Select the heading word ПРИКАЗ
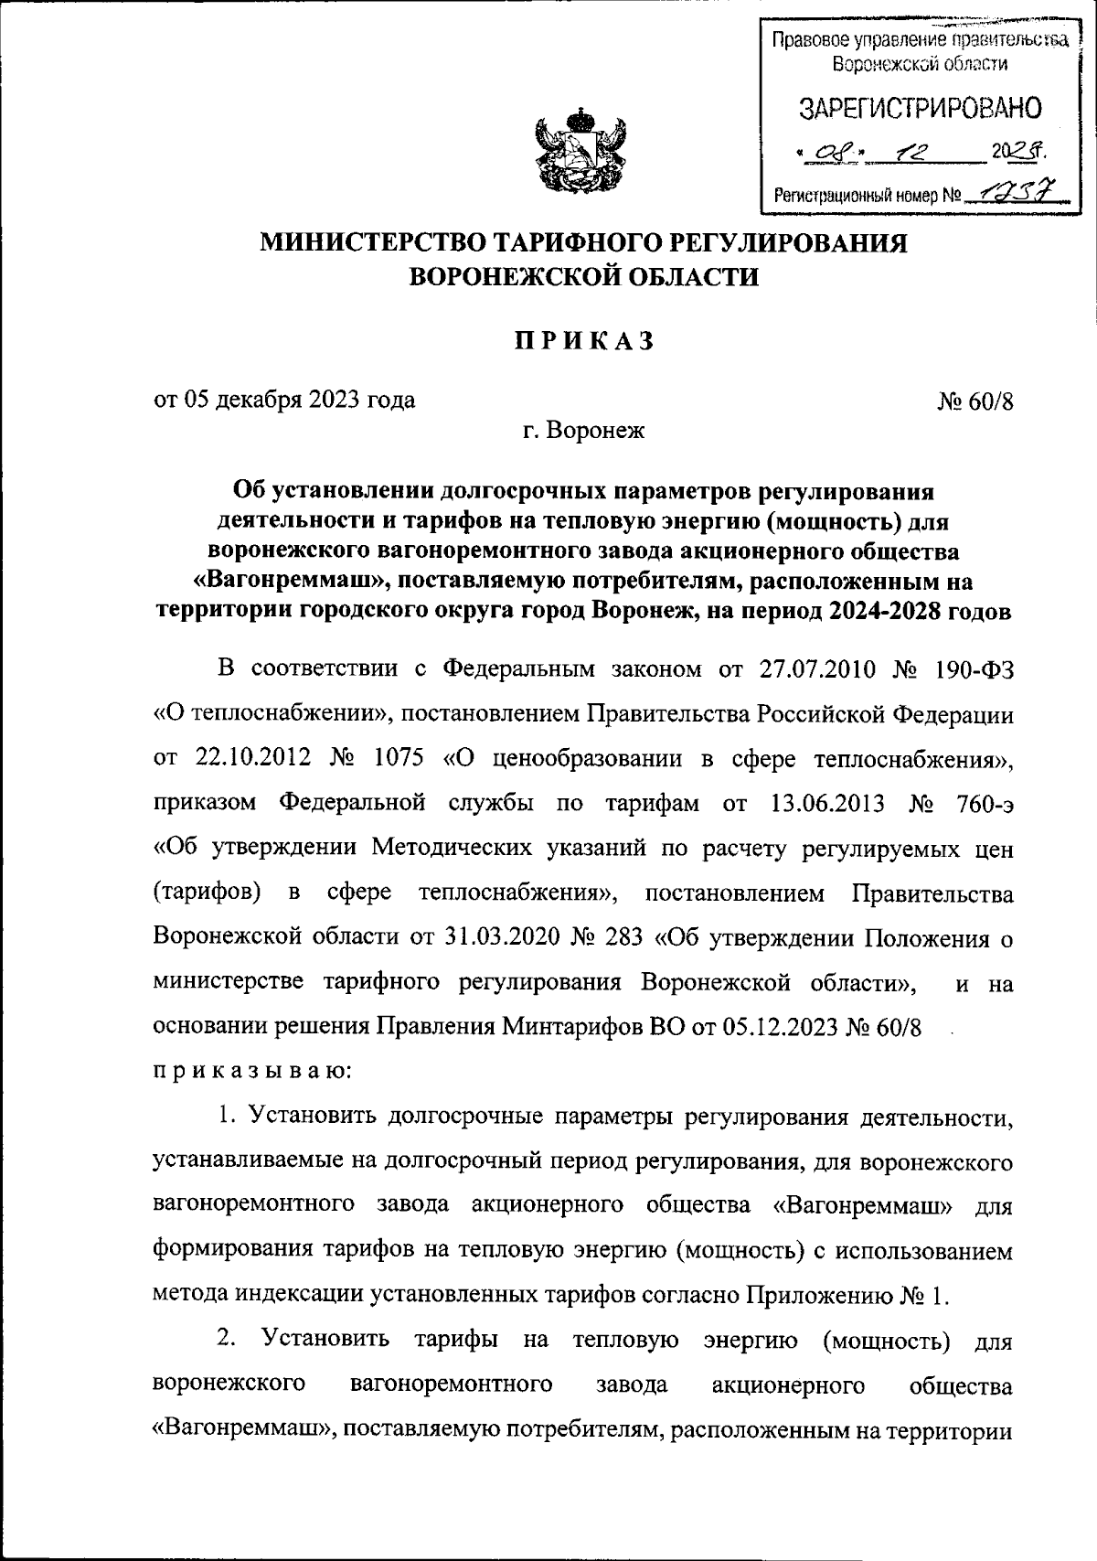[x=583, y=340]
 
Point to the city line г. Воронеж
[x=583, y=430]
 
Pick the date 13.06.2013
[x=819, y=803]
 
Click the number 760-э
[x=979, y=803]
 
